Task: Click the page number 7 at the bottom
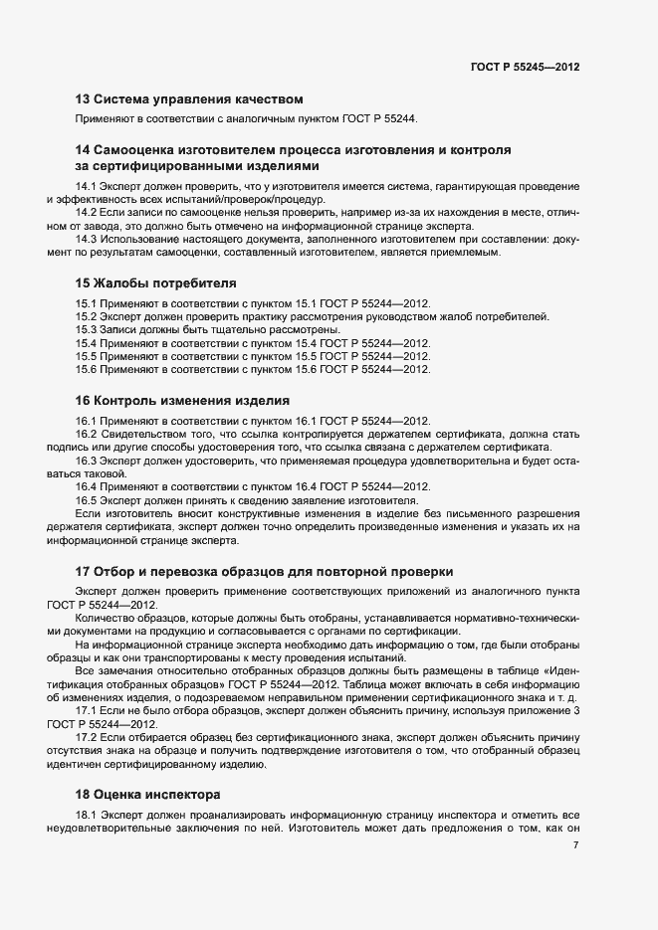click(576, 845)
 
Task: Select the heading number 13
click(83, 99)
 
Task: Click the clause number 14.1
click(85, 187)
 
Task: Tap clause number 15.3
click(85, 329)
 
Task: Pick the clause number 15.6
click(85, 370)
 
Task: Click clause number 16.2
click(85, 434)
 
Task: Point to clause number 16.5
click(85, 500)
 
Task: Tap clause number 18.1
click(85, 816)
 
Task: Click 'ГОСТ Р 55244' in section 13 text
click(379, 119)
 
